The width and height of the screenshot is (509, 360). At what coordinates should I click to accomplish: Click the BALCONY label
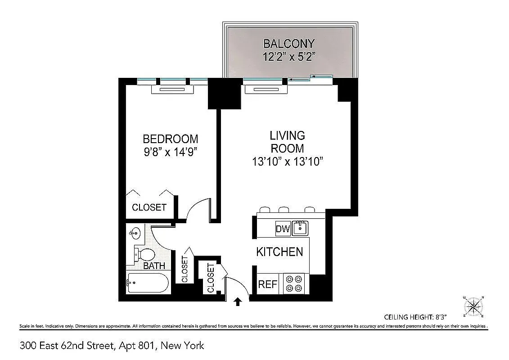(x=288, y=44)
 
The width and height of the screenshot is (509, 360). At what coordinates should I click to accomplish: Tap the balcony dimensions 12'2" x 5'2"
(x=288, y=57)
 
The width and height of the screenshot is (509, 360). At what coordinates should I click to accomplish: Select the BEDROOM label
(x=170, y=139)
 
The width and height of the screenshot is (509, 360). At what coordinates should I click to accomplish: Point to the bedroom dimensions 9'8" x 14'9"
(x=170, y=152)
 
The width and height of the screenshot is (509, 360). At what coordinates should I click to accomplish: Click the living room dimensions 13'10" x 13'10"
(x=288, y=162)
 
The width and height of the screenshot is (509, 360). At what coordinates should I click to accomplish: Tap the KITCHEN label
(x=279, y=252)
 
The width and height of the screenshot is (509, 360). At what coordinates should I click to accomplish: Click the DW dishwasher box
(x=283, y=229)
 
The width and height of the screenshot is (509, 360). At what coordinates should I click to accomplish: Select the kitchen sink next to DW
(x=300, y=229)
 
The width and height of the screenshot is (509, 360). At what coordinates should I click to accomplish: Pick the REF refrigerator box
(x=267, y=284)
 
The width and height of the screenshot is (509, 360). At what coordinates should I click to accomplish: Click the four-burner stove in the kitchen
(x=294, y=284)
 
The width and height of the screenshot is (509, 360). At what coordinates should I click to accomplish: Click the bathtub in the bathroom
(x=148, y=283)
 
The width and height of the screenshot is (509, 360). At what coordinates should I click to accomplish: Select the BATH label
(x=154, y=266)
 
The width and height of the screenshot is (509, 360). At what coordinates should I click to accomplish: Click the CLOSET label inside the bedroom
(x=149, y=207)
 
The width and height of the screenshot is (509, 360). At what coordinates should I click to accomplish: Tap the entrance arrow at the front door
(x=238, y=302)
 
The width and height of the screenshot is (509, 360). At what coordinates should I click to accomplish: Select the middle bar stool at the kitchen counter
(x=284, y=209)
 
